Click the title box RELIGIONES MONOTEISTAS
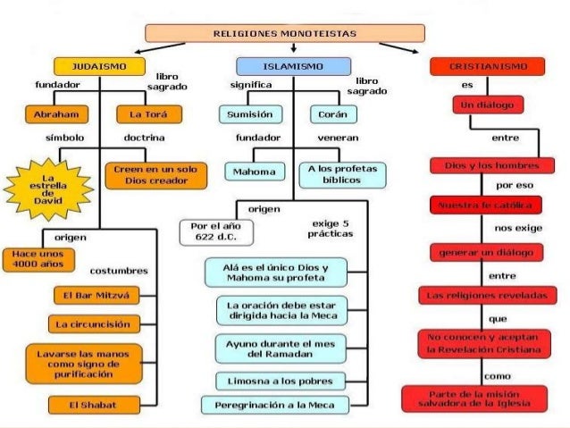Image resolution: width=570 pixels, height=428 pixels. [285, 33]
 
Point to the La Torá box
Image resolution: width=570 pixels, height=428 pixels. [149, 115]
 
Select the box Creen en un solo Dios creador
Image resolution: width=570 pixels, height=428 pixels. [156, 175]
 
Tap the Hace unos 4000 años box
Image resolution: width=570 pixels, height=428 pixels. [30, 260]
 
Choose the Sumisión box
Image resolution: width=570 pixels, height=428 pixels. [251, 115]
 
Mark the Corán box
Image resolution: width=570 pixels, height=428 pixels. [332, 115]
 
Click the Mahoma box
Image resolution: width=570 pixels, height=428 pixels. [251, 171]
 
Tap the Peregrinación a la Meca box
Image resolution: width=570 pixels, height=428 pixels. [281, 405]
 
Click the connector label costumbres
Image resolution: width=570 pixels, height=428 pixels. [112, 270]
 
